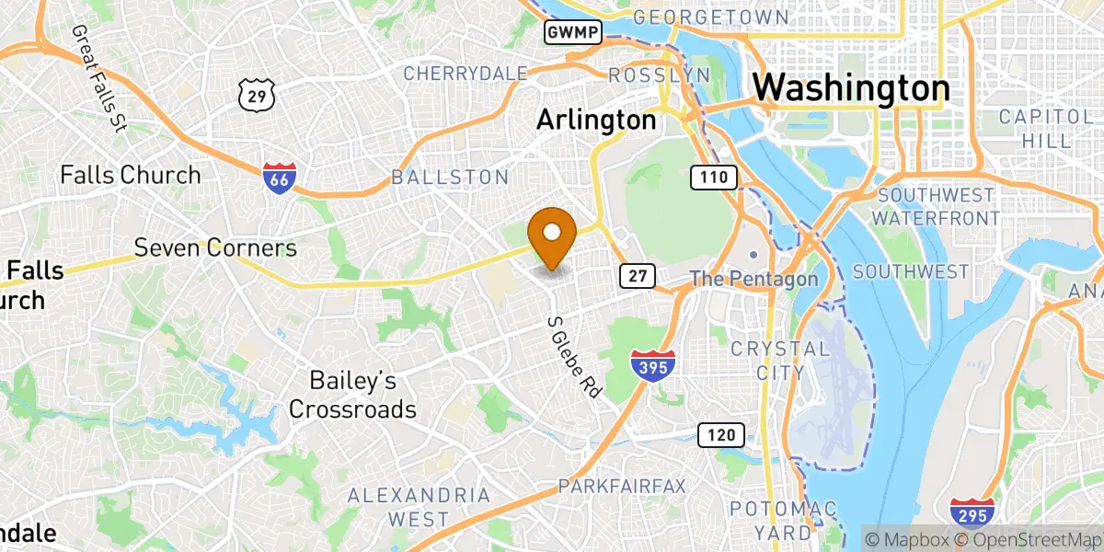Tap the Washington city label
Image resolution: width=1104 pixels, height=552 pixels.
(x=851, y=88)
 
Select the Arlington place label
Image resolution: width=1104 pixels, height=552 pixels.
(x=596, y=120)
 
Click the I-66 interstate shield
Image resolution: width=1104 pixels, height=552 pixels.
(x=279, y=178)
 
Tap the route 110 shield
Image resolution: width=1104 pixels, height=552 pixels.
(x=713, y=178)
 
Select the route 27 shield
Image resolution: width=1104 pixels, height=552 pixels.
(x=637, y=275)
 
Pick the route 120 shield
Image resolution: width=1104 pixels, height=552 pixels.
(x=719, y=435)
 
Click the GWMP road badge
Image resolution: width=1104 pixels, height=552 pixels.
(x=572, y=33)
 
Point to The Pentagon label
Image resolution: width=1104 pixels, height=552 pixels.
(x=753, y=278)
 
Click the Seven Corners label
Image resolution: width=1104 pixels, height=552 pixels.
(x=215, y=247)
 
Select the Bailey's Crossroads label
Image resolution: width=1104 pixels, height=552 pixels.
(x=352, y=395)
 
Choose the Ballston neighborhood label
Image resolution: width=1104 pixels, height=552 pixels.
(x=450, y=178)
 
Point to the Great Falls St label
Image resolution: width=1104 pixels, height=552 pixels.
(x=98, y=79)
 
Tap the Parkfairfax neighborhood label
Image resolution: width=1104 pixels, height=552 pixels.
(x=622, y=486)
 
